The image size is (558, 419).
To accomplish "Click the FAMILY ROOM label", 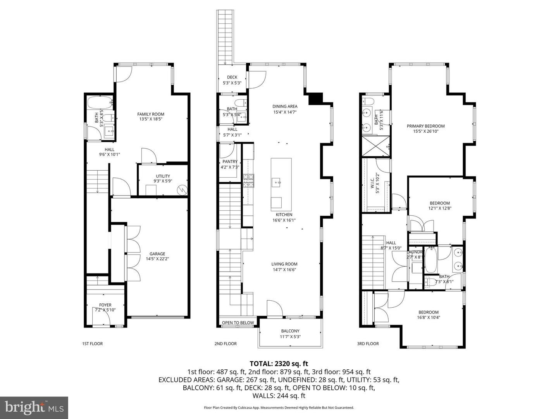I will click(151, 114).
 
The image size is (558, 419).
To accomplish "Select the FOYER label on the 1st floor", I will click(105, 305).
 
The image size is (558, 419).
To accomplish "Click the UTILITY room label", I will click(163, 176).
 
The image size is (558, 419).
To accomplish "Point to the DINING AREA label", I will click(285, 106).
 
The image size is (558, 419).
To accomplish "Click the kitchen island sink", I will click(276, 182).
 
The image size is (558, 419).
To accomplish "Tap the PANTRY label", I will click(230, 162).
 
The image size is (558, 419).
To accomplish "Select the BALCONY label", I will click(290, 331).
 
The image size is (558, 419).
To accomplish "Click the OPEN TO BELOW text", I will click(238, 323).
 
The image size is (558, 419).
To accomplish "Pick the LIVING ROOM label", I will click(284, 264).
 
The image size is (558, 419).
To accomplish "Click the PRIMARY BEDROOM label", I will click(425, 126).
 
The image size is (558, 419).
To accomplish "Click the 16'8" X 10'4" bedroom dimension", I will click(428, 317).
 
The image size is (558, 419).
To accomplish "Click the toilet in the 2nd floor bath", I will click(240, 103).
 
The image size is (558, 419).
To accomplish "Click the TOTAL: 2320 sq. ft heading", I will click(279, 364).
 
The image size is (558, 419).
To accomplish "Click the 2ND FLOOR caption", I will click(226, 344).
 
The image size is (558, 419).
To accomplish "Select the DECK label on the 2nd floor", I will click(232, 77).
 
